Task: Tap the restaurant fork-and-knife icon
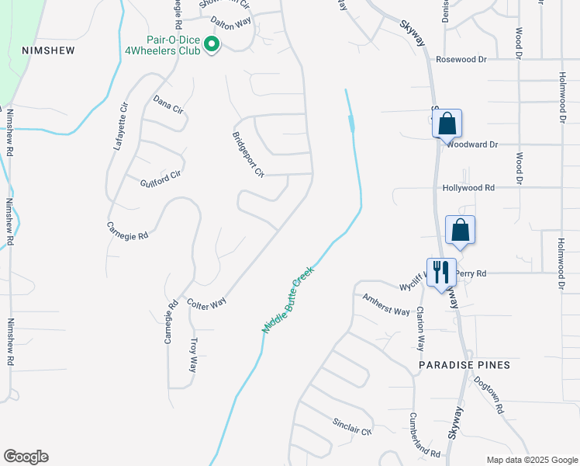tap(441, 272)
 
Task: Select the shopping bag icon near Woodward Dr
tap(447, 123)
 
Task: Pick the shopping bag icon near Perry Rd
tap(461, 230)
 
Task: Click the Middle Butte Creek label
tap(287, 299)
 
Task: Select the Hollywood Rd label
tap(468, 188)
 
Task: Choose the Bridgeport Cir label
tap(249, 154)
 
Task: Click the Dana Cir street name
tap(167, 105)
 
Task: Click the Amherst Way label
tap(386, 305)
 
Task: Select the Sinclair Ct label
tap(353, 426)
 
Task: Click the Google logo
tap(26, 456)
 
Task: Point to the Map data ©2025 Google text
tap(531, 460)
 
